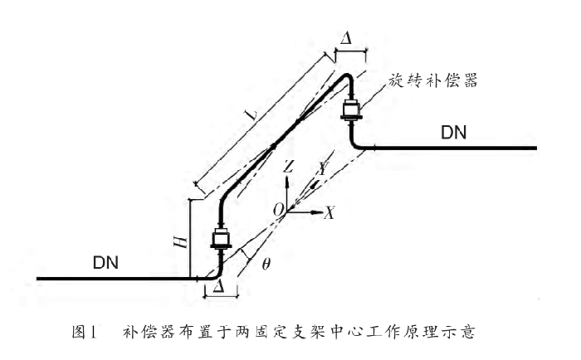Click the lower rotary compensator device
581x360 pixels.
(222, 241)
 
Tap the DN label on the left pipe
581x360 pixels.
(105, 264)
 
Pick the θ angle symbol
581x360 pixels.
(266, 265)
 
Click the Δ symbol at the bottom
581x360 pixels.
(218, 285)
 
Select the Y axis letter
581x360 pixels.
(320, 168)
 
